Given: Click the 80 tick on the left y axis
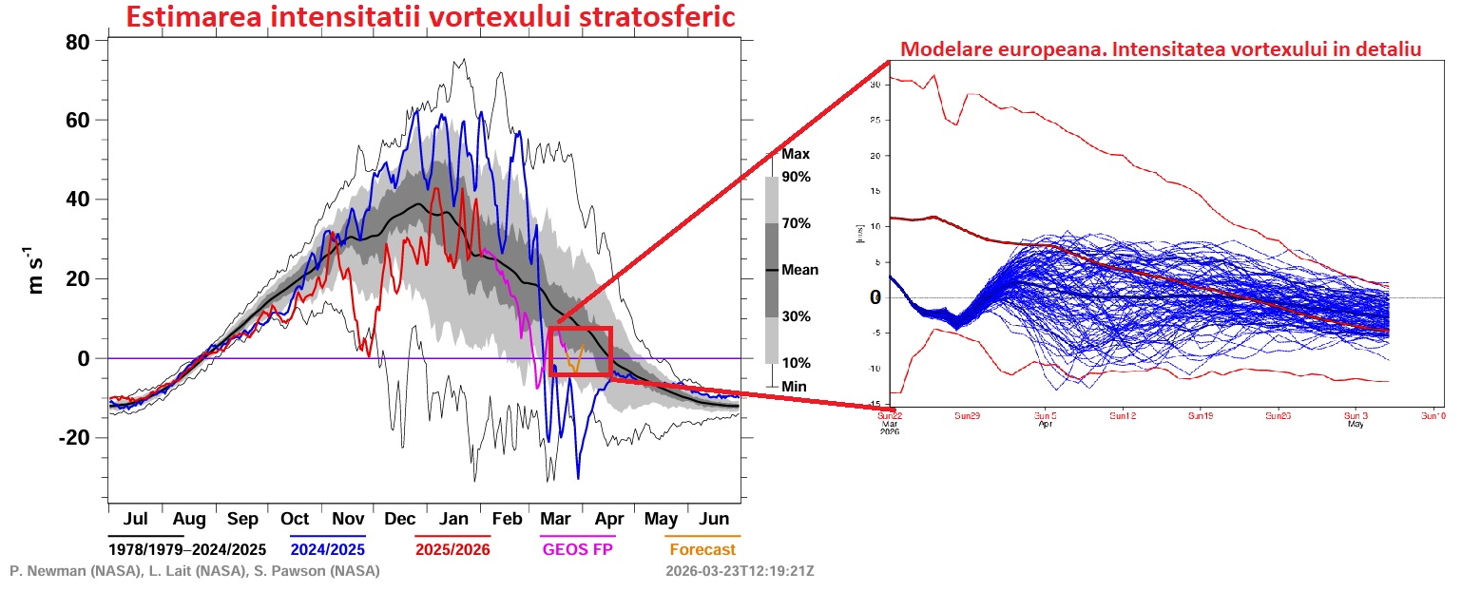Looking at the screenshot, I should [77, 42].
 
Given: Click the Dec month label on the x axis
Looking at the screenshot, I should [400, 519].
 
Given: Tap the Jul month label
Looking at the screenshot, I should [135, 519].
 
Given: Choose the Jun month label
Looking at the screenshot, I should [714, 519].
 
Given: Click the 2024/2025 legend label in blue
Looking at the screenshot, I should [328, 549].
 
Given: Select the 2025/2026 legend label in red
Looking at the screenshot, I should [452, 549].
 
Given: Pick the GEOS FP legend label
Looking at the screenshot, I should [578, 549].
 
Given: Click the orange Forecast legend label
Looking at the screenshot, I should [702, 549].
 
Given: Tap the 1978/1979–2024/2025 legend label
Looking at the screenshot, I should [186, 549].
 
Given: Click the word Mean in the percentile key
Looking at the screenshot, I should [799, 270].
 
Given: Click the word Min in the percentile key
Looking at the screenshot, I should [794, 387].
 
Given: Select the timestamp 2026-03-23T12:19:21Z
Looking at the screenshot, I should [741, 571].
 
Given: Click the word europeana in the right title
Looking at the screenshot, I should [1030, 49].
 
